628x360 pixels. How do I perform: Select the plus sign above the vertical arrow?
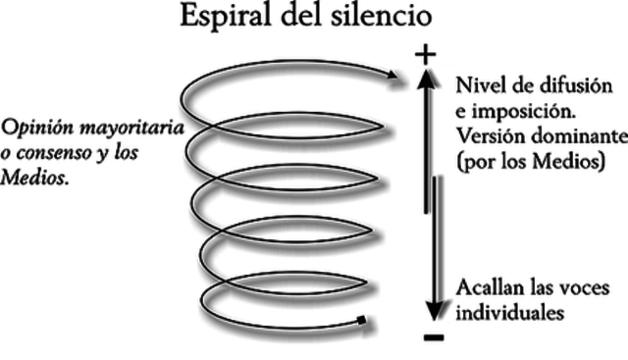click(x=424, y=55)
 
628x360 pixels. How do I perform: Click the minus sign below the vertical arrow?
click(x=433, y=337)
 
